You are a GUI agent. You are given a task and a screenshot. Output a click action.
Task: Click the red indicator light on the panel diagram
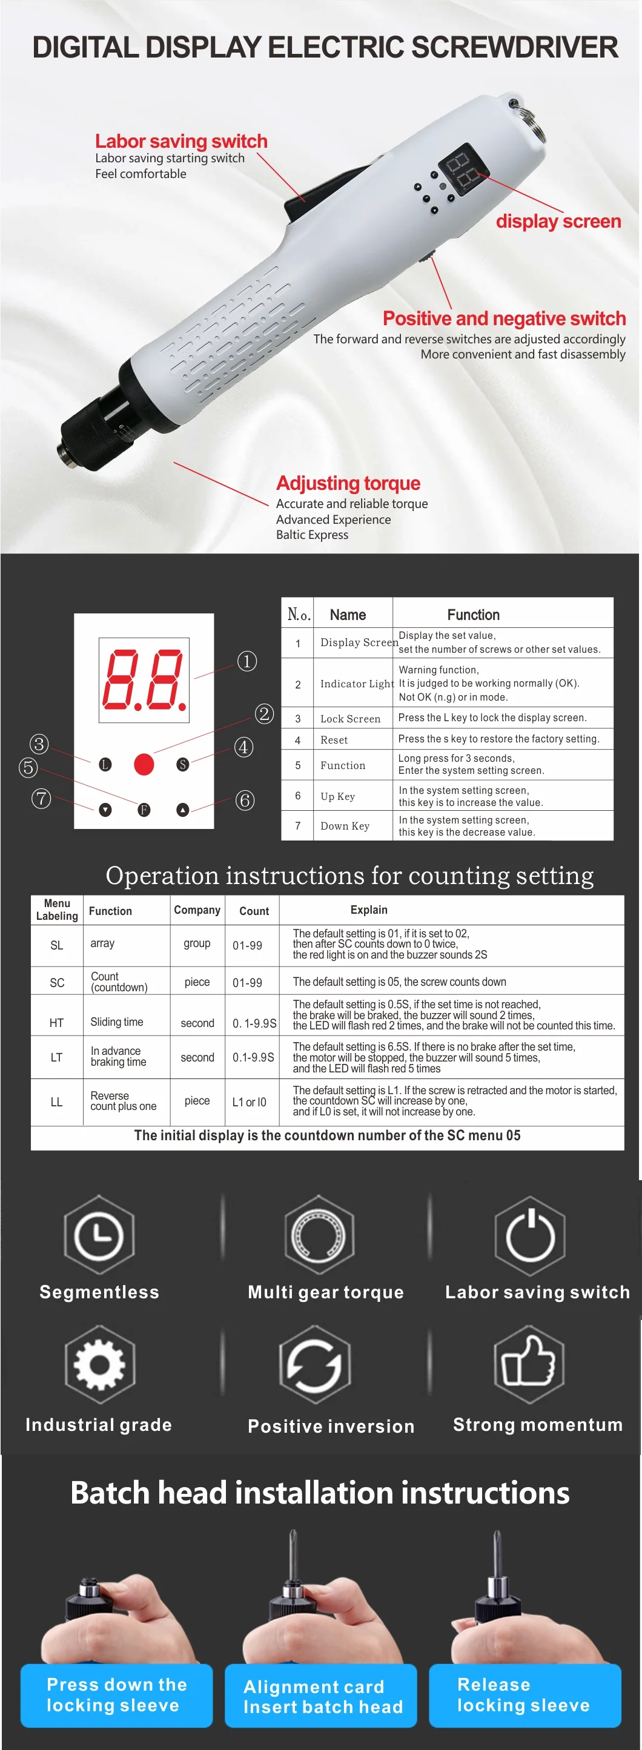point(144,764)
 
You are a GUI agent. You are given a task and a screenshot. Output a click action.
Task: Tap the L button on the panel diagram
point(105,764)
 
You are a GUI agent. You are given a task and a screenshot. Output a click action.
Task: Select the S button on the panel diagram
point(183,764)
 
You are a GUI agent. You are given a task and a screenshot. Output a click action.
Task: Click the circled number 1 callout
point(247,661)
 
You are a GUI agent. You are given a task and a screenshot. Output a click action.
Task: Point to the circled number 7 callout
point(41,798)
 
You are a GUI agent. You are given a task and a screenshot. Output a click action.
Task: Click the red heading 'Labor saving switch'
point(181,141)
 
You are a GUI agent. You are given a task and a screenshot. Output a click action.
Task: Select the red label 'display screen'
point(558,222)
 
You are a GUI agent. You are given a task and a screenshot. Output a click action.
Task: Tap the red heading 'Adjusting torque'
point(348,483)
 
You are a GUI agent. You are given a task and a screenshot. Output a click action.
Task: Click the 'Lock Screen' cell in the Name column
point(351,719)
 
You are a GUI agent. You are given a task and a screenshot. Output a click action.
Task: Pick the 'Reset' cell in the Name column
point(334,740)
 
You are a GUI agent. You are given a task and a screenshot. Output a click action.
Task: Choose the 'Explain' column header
point(369,910)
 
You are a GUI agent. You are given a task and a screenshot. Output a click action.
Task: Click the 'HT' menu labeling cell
point(56,1022)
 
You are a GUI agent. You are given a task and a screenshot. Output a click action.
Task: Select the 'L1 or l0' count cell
point(250,1102)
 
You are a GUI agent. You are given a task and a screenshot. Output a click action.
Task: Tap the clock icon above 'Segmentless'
point(99,1235)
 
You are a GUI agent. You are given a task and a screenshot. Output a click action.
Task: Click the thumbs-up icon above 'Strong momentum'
point(529,1364)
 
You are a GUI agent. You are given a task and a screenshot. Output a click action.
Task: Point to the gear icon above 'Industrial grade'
point(100,1364)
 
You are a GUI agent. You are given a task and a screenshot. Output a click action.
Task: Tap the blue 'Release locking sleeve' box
point(525,1695)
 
